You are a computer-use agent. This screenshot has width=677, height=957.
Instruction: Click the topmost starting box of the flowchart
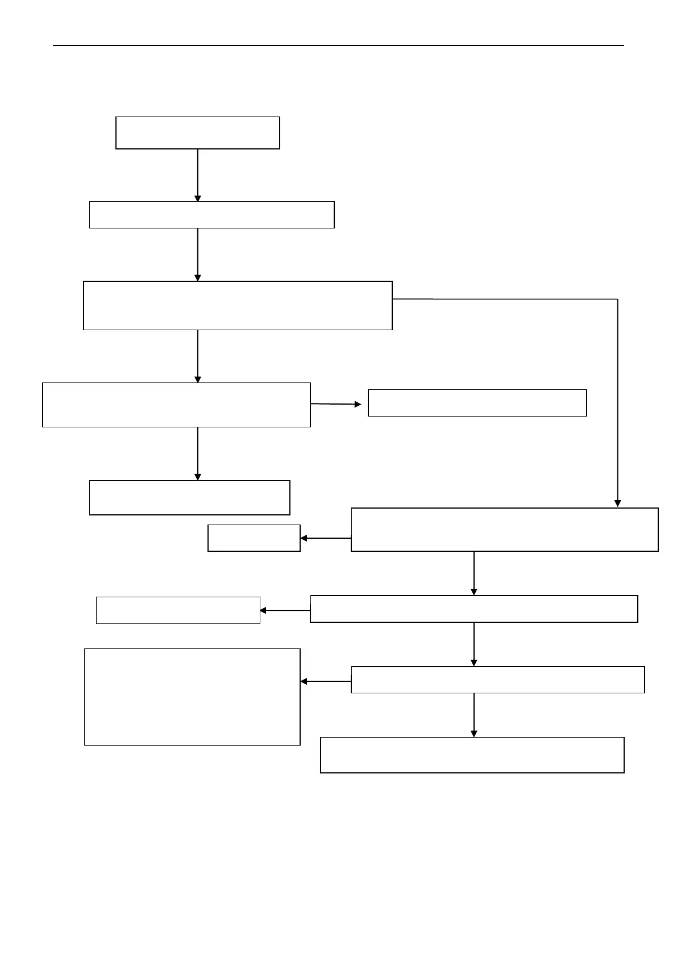197,133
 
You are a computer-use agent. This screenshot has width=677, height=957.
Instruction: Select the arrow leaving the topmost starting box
198,175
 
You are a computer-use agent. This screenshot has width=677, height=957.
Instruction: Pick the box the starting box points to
211,215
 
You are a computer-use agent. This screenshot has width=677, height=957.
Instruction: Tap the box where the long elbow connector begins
238,305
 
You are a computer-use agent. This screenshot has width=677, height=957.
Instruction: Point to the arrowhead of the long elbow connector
617,504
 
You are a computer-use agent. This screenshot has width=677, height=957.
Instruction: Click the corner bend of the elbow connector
617,299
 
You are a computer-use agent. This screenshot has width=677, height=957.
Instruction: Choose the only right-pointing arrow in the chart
336,404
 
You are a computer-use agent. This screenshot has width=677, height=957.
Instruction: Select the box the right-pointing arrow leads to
477,403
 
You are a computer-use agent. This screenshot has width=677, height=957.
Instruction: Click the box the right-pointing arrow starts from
176,405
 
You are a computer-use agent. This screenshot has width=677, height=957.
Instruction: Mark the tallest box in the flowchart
192,697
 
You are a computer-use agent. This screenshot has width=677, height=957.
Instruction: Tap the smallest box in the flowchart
254,538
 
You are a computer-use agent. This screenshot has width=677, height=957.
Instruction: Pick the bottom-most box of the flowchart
472,755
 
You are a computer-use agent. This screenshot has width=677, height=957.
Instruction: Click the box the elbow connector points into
504,530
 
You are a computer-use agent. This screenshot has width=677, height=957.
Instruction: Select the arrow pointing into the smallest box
325,538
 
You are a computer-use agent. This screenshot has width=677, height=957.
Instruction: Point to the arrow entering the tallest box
325,681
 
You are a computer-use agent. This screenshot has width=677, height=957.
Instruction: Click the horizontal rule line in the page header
338,45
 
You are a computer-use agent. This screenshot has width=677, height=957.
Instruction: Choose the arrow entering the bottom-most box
474,715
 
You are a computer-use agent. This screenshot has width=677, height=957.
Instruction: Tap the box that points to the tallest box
497,680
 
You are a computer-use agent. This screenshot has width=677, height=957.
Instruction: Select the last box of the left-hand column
189,497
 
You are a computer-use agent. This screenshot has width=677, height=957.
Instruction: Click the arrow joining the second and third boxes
198,255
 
